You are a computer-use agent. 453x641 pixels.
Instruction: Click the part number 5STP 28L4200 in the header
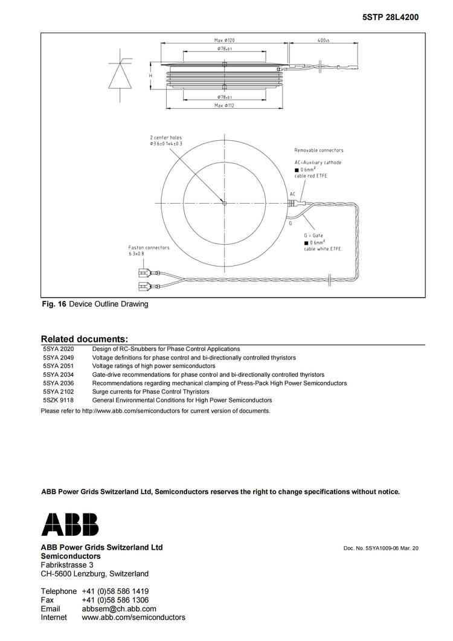(390, 18)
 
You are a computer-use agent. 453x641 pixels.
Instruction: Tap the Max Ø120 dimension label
(225, 40)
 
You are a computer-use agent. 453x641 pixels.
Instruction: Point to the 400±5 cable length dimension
(323, 40)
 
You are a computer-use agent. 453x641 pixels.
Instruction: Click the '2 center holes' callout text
(165, 138)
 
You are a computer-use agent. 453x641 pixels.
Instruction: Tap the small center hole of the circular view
(224, 203)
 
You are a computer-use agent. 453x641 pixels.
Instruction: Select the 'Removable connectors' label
(318, 150)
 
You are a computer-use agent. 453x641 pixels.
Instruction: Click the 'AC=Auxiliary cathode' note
(318, 163)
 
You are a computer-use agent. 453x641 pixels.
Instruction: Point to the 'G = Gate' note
(313, 235)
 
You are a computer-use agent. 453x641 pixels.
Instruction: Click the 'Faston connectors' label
(149, 247)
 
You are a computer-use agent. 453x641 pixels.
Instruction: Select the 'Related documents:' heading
(85, 339)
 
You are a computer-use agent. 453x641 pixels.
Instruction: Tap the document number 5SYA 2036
(58, 383)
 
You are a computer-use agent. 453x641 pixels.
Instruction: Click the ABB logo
(69, 524)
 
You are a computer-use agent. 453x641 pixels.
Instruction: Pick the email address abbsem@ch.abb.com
(119, 608)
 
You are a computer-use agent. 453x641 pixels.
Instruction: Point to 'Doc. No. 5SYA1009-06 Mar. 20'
(381, 548)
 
